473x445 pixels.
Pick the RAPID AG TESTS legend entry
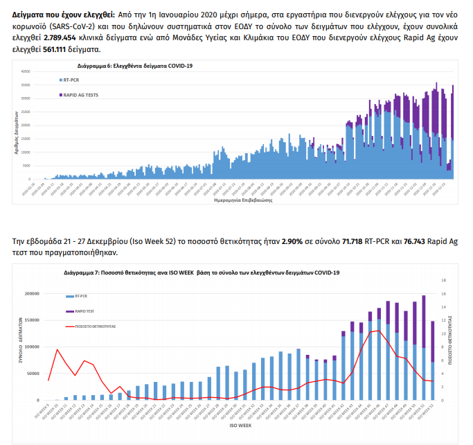pos(79,95)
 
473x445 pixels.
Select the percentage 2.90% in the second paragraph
pos(294,241)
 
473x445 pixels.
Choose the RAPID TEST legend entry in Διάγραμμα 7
pos(84,311)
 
